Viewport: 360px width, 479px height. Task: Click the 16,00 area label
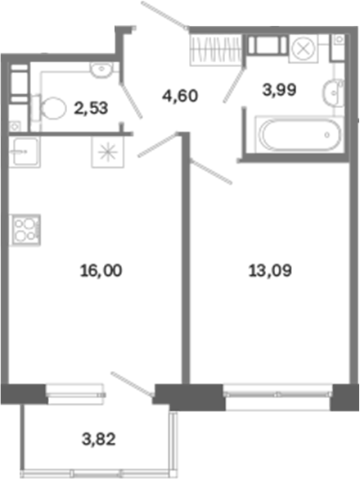pos(101,271)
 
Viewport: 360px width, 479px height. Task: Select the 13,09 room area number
pos(270,271)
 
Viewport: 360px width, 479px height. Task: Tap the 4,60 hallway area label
pos(180,96)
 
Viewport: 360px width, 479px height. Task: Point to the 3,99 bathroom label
pos(279,90)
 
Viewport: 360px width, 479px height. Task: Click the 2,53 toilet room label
pos(91,108)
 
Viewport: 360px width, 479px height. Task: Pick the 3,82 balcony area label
pos(99,439)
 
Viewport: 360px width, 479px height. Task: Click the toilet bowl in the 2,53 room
pos(49,108)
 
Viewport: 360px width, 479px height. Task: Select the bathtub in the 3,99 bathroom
pos(299,134)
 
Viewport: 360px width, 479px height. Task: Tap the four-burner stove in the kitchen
pos(25,230)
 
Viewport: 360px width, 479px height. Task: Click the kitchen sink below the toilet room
pos(25,151)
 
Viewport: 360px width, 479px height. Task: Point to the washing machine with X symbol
pos(304,48)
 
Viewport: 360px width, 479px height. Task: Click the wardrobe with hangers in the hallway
pos(216,50)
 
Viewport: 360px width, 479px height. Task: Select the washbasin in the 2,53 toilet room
pos(101,70)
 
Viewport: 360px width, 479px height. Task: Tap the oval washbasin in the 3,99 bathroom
pos(334,92)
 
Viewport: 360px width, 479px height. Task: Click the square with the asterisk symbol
pos(108,151)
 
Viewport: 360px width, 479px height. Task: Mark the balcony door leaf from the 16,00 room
pos(133,384)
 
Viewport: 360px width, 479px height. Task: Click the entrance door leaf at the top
pos(164,15)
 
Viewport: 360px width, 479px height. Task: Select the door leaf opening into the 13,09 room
pos(211,171)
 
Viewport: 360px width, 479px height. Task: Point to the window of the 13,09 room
pos(277,395)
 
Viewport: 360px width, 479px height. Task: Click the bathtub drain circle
pos(327,134)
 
